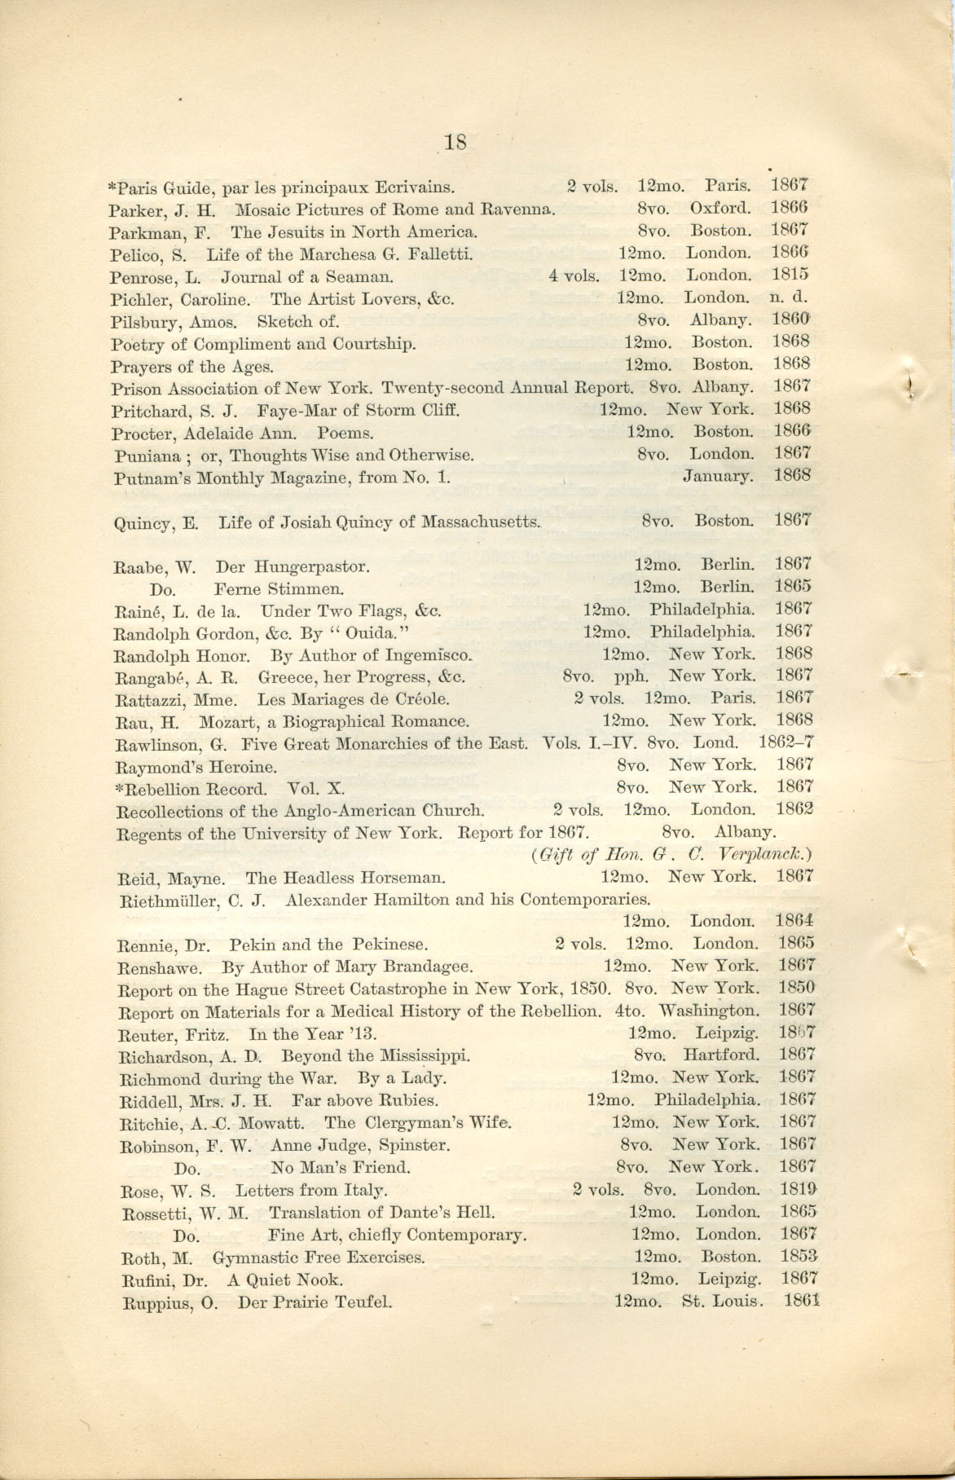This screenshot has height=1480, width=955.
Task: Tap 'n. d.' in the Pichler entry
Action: tap(787, 297)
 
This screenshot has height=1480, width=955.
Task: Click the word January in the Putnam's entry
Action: tap(718, 476)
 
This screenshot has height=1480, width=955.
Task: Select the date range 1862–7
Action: tap(786, 743)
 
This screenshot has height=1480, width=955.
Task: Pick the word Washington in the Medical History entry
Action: tap(708, 1011)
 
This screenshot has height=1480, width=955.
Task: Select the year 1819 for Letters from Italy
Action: tap(799, 1190)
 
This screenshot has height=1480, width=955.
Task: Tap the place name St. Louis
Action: tap(722, 1302)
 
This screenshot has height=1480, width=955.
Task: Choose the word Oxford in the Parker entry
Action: tap(720, 209)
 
